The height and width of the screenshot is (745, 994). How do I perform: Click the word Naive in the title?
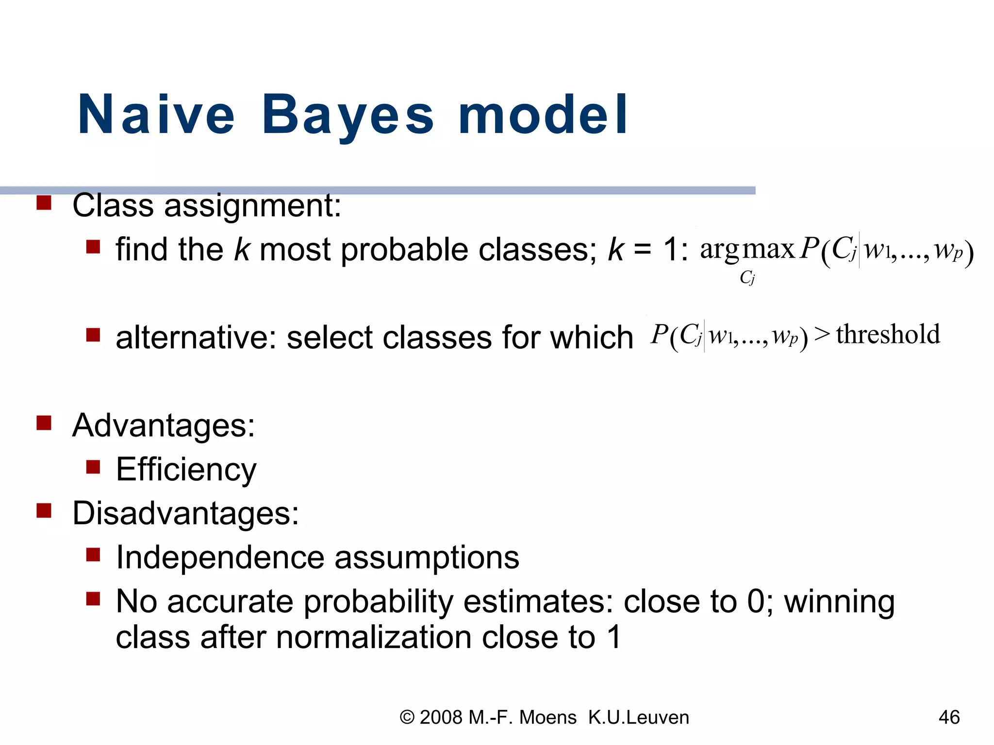[x=156, y=115]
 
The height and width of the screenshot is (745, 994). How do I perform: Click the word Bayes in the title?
[x=348, y=115]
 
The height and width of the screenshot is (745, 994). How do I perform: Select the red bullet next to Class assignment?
[x=44, y=202]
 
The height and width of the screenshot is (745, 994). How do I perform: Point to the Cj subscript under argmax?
[x=747, y=277]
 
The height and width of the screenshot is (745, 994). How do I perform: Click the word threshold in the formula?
[x=888, y=334]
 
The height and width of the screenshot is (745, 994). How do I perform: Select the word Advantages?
[x=163, y=425]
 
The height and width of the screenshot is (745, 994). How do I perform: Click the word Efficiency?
[x=186, y=470]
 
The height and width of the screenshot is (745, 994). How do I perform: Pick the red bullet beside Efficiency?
[x=93, y=467]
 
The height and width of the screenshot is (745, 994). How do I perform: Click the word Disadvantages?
[x=185, y=513]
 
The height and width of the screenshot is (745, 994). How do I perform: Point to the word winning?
[x=839, y=601]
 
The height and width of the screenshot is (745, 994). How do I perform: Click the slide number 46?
[x=949, y=717]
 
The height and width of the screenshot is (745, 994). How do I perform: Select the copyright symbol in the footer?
[x=407, y=717]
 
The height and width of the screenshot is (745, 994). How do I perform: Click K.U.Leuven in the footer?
[x=638, y=717]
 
